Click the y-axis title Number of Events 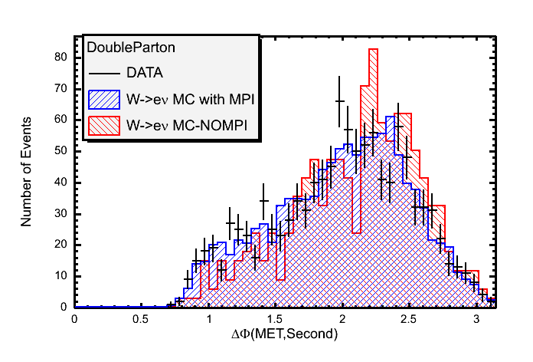(x=26, y=171)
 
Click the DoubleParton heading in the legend (x=131, y=47)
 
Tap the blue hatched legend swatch (x=105, y=99)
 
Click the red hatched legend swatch (x=105, y=125)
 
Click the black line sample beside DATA (x=105, y=74)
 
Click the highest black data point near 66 (x=340, y=100)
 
